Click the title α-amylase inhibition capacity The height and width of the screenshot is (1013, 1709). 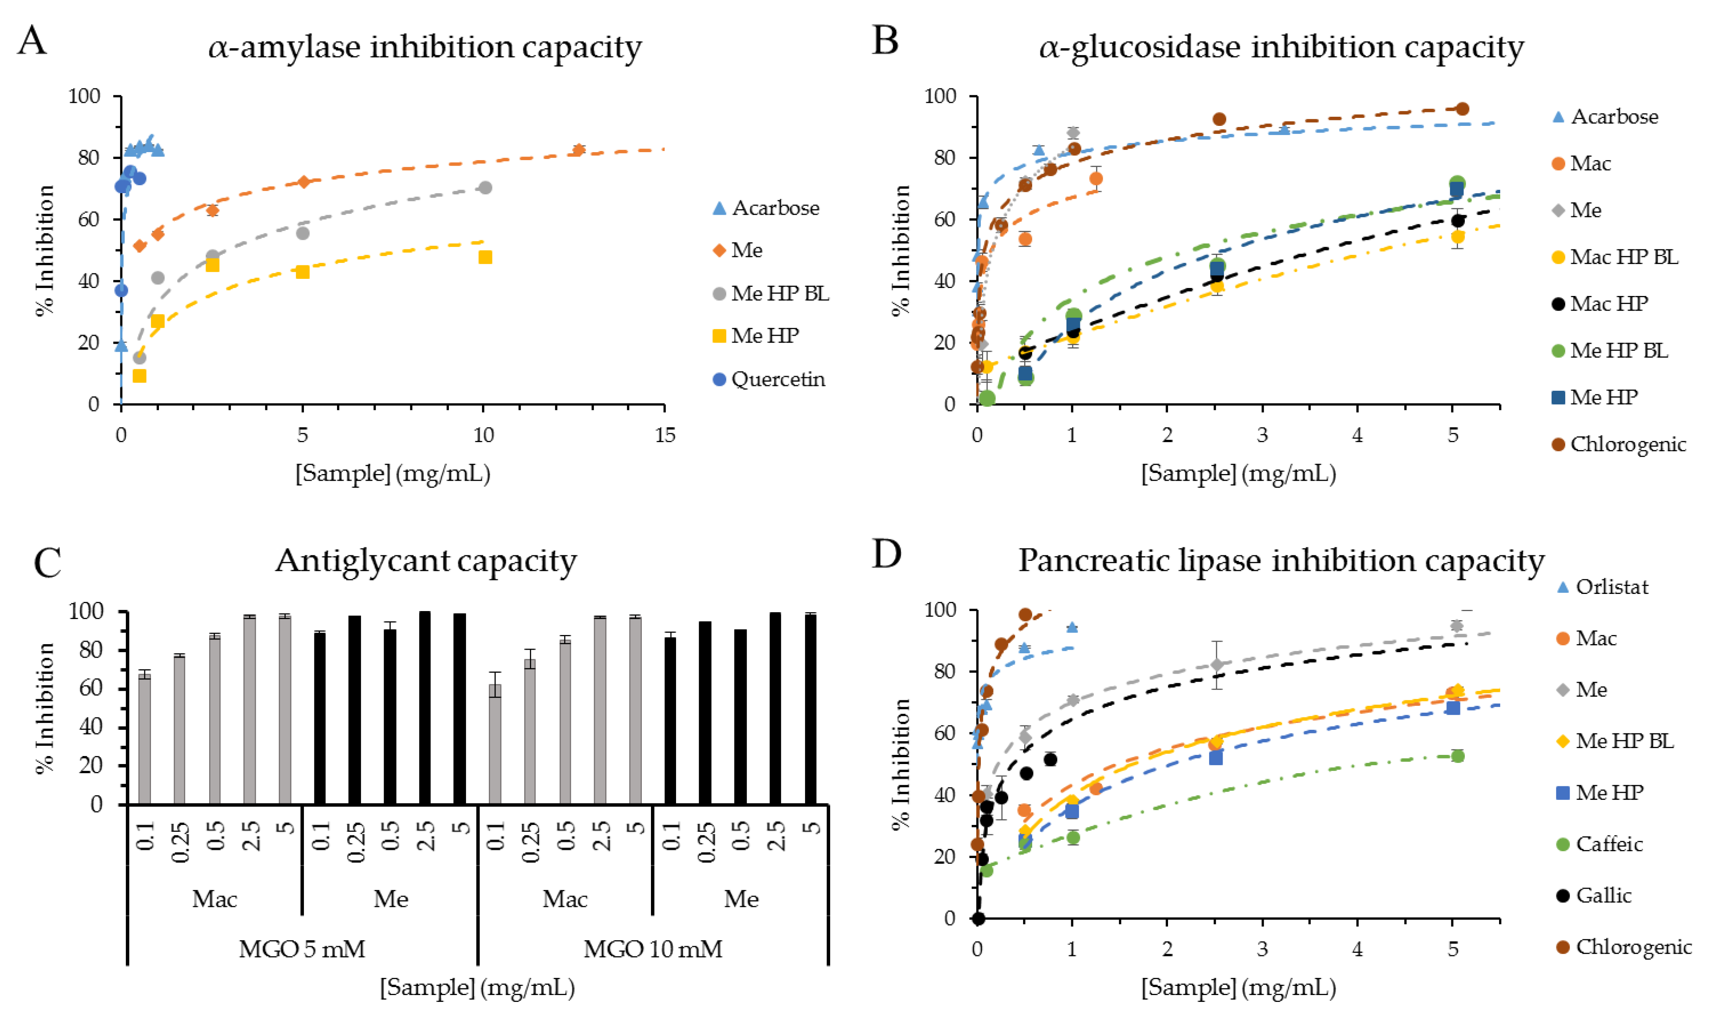point(425,47)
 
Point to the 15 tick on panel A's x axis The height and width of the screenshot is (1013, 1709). point(664,435)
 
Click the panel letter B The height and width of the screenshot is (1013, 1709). point(885,41)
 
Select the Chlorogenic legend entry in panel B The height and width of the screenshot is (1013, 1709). point(1627,445)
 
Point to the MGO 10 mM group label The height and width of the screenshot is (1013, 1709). point(653,949)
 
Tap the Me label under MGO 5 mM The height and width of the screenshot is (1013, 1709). point(390,899)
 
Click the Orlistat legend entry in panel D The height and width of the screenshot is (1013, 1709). point(1611,587)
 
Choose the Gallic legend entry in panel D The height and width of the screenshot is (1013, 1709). point(1603,895)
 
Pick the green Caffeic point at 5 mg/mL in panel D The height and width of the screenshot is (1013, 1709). point(1457,756)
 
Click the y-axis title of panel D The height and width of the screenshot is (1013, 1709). point(901,763)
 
